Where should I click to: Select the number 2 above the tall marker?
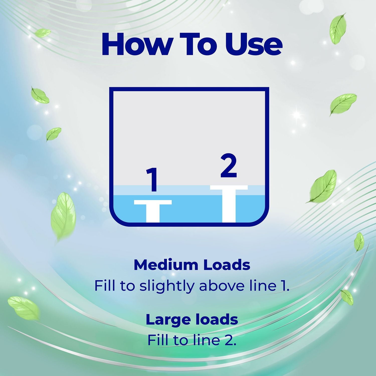click(229, 166)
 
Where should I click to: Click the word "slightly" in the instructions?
click(167, 286)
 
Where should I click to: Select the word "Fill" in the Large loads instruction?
click(158, 340)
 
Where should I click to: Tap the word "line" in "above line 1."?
click(262, 286)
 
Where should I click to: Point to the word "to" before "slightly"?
click(127, 287)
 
